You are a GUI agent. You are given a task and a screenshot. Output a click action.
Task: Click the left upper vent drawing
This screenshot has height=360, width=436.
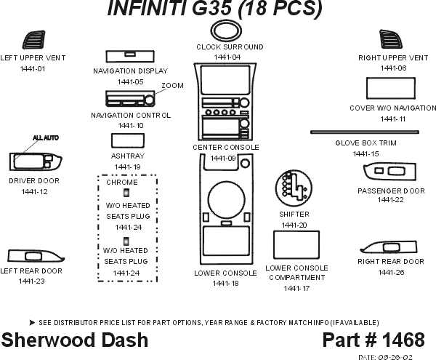tap(33, 41)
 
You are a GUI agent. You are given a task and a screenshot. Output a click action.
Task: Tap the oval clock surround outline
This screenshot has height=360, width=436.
tap(226, 31)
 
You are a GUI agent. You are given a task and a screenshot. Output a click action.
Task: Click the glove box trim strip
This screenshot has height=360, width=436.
tap(365, 132)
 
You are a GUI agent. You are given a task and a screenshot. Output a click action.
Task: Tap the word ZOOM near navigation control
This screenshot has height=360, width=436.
tap(173, 85)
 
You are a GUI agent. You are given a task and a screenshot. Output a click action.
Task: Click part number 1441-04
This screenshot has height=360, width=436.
tap(227, 57)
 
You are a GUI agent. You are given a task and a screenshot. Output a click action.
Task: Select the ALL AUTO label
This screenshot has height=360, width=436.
tap(45, 137)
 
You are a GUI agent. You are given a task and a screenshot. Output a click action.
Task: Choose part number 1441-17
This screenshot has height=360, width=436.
tap(296, 288)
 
